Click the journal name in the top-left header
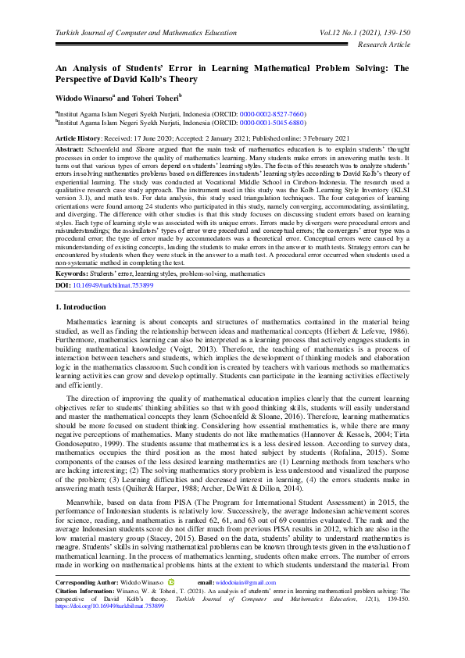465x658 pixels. (145, 34)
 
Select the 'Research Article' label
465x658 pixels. (383, 45)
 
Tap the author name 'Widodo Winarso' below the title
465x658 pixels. (85, 98)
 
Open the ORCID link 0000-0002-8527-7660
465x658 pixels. (272, 114)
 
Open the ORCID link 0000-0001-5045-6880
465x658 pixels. (272, 123)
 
